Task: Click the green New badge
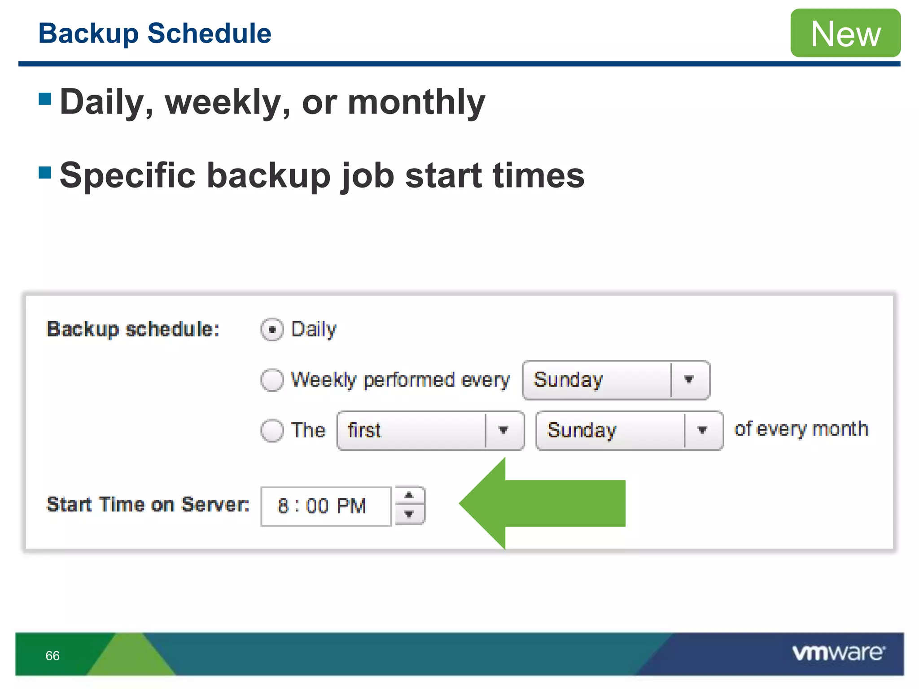coord(845,33)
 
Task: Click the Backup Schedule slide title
coord(155,34)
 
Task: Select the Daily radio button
coord(272,330)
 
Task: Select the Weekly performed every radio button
coord(272,380)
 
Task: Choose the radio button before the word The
coord(272,431)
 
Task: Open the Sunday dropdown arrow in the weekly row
coord(689,380)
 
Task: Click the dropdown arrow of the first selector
coord(503,431)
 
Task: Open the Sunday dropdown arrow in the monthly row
coord(703,431)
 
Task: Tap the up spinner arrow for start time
coord(409,496)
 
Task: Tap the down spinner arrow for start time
coord(409,515)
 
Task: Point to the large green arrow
coord(543,503)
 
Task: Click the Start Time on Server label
coord(148,504)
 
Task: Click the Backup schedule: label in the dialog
coord(133,329)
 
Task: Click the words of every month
coord(801,429)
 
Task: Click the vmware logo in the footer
coord(838,653)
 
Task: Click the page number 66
coord(53,656)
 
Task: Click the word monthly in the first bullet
coord(416,102)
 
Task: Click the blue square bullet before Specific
coord(45,172)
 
